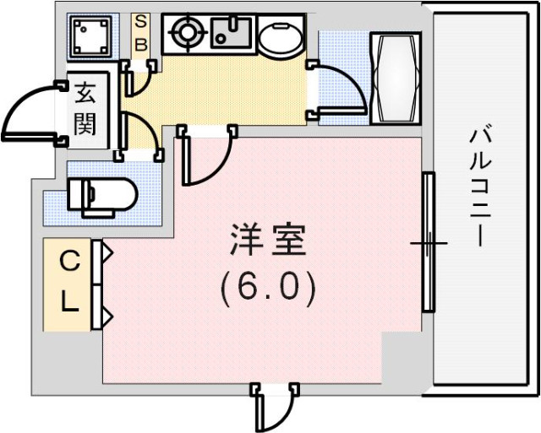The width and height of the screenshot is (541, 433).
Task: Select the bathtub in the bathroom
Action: pos(395,78)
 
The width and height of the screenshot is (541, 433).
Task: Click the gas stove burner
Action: pos(185,35)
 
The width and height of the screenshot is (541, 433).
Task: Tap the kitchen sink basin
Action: pos(227,35)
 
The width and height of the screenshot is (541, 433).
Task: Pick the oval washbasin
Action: pos(278,38)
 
